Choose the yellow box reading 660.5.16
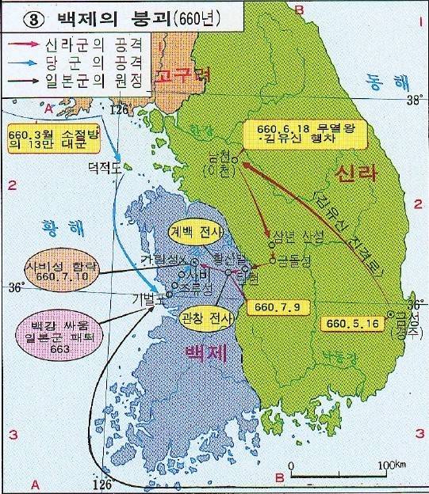coord(350,323)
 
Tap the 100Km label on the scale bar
coord(386,464)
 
